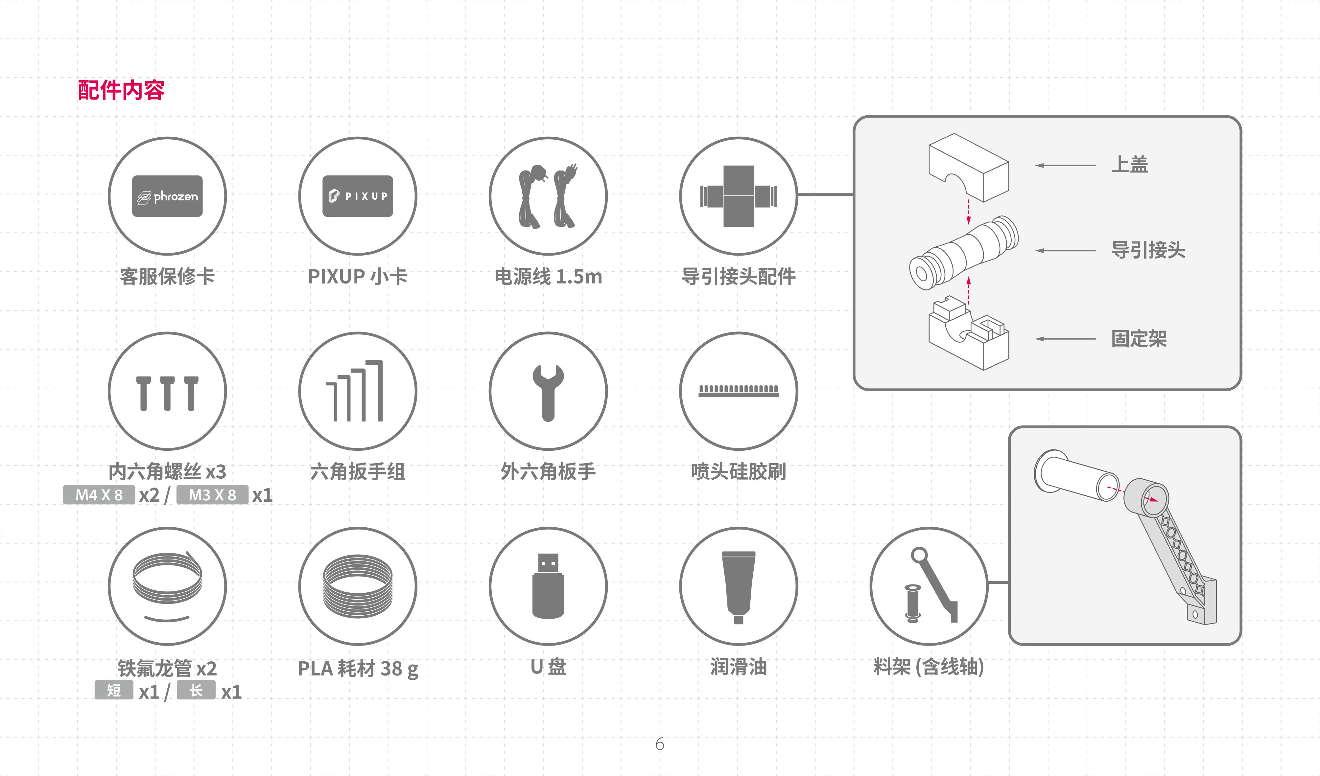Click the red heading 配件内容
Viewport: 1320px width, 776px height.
[x=121, y=90]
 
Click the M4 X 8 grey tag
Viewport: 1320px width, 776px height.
[x=99, y=495]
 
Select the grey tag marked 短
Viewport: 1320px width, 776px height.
[x=114, y=690]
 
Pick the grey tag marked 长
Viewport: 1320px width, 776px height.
[x=196, y=690]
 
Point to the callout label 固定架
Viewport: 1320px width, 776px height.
[x=1139, y=339]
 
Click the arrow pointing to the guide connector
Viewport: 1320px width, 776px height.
[x=1065, y=251]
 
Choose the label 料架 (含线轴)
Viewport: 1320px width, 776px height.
[x=929, y=667]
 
